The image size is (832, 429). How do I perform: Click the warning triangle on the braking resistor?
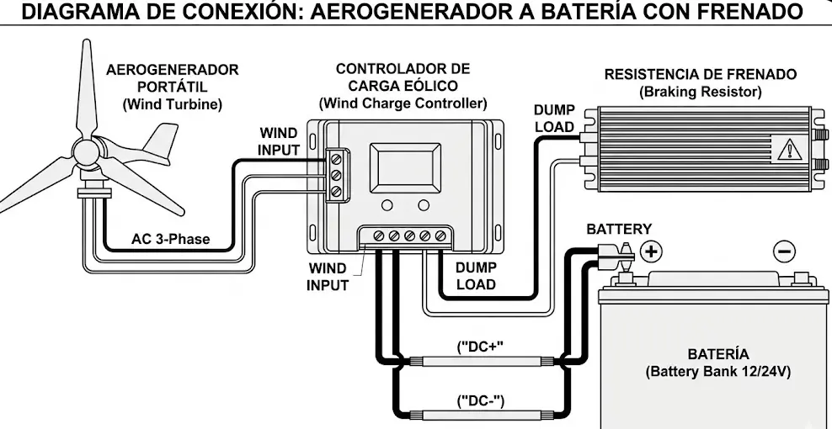(789, 150)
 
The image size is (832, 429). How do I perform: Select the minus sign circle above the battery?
(783, 251)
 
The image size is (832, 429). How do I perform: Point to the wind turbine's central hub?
(86, 152)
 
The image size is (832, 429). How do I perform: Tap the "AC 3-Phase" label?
(170, 239)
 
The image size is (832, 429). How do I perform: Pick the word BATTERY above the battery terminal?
(619, 229)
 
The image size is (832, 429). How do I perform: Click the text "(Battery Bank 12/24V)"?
(717, 371)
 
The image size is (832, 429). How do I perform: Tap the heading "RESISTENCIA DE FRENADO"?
(700, 74)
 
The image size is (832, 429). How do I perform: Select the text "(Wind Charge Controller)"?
(403, 103)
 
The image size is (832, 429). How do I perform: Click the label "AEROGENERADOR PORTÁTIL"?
(172, 78)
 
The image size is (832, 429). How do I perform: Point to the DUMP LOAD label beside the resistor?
(554, 119)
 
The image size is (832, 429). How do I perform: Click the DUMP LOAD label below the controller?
(476, 276)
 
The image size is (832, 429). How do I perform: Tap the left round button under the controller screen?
(387, 206)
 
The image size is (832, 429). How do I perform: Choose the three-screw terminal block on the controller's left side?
(336, 174)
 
